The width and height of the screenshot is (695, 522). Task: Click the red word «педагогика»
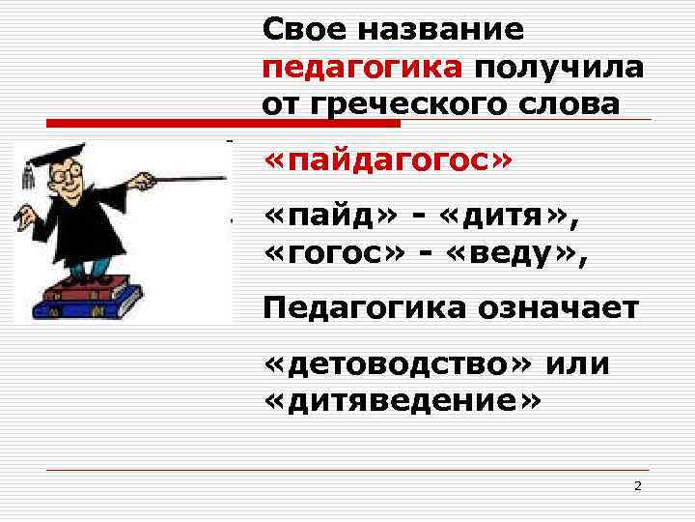[362, 68]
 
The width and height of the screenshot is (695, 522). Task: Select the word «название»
[441, 29]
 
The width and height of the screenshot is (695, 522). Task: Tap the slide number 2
[637, 485]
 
